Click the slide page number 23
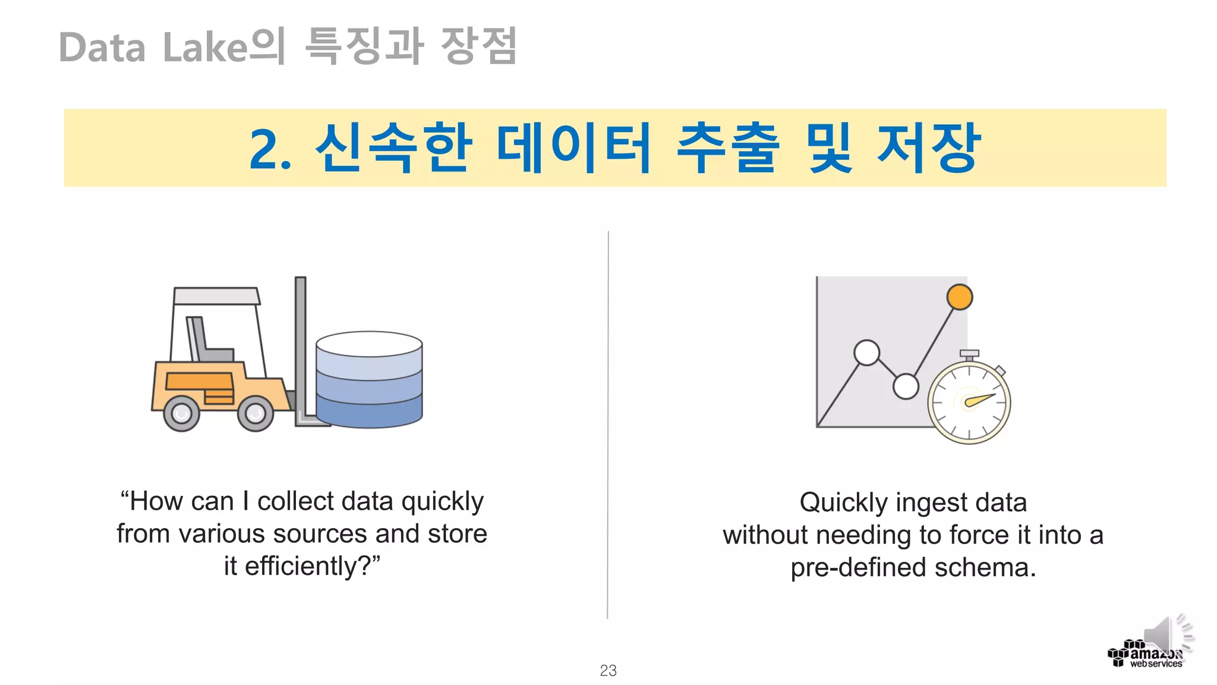tap(608, 670)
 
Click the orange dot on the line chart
tap(959, 297)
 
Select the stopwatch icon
tap(969, 401)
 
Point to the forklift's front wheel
tap(255, 413)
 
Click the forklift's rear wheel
tap(181, 413)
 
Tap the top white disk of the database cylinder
tap(369, 344)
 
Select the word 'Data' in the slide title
tap(102, 48)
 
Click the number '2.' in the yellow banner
tap(270, 149)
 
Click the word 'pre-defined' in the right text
tap(858, 568)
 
